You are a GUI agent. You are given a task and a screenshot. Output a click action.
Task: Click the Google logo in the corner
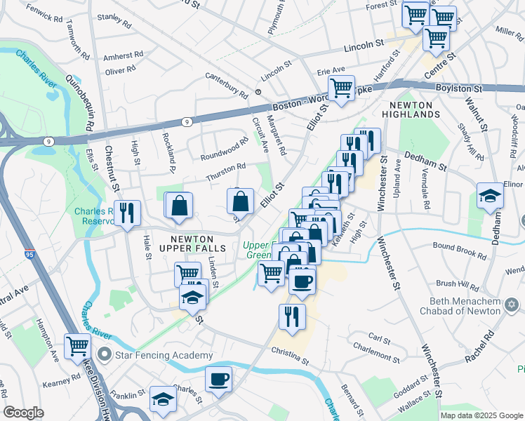pyautogui.click(x=24, y=413)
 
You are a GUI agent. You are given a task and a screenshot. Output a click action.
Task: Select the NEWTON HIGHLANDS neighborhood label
pyautogui.click(x=410, y=109)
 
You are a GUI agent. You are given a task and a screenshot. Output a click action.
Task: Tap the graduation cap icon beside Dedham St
pyautogui.click(x=489, y=196)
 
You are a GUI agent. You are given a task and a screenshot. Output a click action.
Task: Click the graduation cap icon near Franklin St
pyautogui.click(x=163, y=399)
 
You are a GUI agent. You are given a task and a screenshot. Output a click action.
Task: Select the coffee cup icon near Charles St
pyautogui.click(x=218, y=380)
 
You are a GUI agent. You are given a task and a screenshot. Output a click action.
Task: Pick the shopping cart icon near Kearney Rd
pyautogui.click(x=77, y=346)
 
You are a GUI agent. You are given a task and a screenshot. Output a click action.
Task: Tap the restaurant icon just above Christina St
pyautogui.click(x=292, y=316)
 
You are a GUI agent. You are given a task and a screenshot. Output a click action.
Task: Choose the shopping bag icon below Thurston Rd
pyautogui.click(x=240, y=201)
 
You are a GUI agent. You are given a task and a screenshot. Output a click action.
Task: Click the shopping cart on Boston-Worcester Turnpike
pyautogui.click(x=341, y=89)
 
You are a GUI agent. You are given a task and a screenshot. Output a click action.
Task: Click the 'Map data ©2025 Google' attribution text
pyautogui.click(x=481, y=415)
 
